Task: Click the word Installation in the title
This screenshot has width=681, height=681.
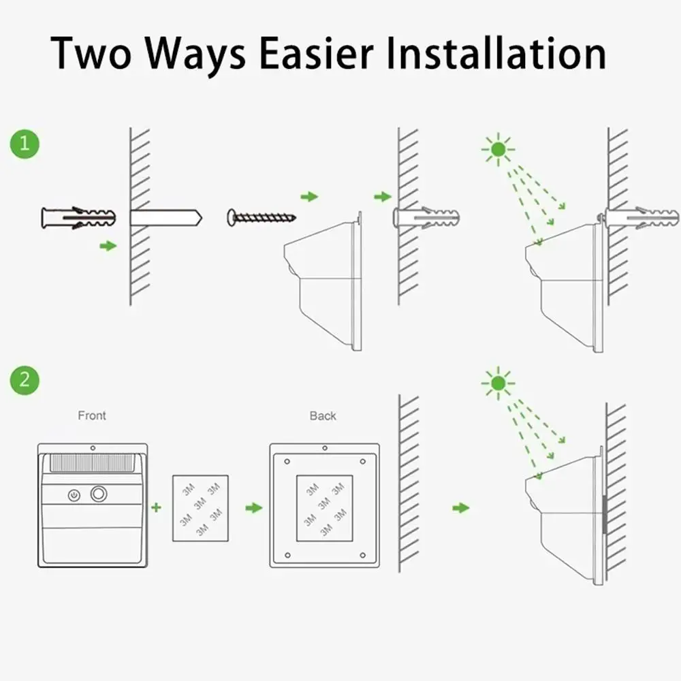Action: [496, 53]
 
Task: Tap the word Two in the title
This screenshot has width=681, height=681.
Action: [91, 53]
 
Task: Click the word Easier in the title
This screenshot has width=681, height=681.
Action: [317, 53]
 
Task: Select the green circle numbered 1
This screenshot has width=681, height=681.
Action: [25, 144]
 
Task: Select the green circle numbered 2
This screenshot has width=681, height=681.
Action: [25, 381]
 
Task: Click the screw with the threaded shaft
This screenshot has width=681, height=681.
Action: [262, 217]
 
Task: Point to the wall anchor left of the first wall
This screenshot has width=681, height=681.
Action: [78, 218]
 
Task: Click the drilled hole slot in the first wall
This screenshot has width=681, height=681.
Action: [166, 218]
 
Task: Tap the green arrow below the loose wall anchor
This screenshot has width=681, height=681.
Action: [108, 246]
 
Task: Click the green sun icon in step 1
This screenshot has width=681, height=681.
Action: [498, 150]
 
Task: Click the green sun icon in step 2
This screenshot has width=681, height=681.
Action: [498, 383]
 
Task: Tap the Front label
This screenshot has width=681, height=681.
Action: [92, 415]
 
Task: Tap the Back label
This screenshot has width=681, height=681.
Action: [323, 416]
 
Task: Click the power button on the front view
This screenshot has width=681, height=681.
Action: [74, 495]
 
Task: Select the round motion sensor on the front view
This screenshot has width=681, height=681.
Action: [99, 494]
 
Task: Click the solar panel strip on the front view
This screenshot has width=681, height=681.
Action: [93, 463]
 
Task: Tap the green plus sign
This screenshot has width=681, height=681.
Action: [157, 507]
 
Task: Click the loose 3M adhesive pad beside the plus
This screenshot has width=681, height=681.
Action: [201, 508]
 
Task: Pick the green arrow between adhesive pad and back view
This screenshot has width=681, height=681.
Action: [253, 508]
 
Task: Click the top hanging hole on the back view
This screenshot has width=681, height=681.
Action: [324, 448]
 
